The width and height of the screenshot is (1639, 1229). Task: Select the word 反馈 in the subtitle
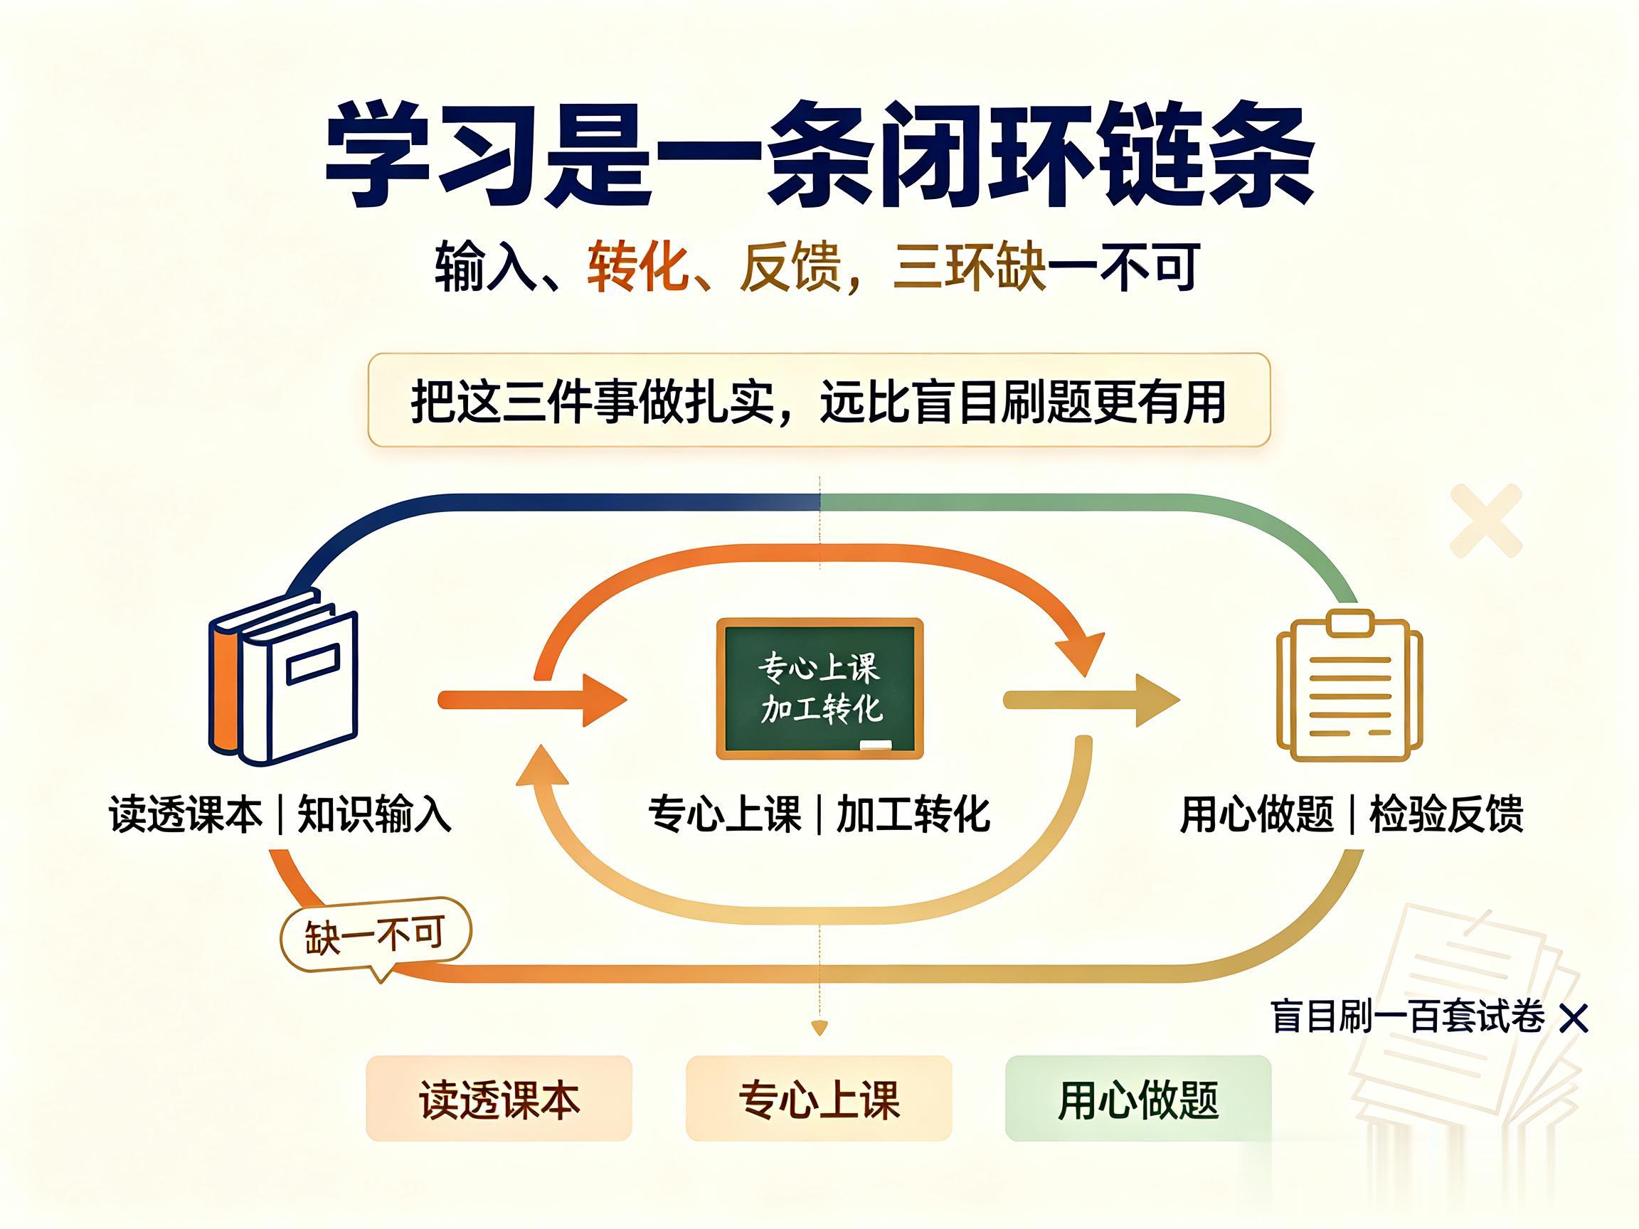(790, 267)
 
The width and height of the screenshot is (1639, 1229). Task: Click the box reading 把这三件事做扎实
(819, 400)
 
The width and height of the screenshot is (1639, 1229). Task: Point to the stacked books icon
(283, 677)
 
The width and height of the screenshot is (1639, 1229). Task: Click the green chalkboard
(819, 689)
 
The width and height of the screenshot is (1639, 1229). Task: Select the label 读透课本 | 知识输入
(280, 815)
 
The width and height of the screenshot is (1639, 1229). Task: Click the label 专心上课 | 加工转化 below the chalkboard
(819, 815)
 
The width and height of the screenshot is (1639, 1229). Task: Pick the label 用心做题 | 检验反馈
(1352, 815)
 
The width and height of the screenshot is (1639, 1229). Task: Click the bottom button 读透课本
(499, 1099)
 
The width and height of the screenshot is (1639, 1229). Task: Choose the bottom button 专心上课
(819, 1099)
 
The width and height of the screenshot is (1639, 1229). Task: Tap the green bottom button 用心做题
(1138, 1099)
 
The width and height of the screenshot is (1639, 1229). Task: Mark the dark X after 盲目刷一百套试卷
(1574, 1018)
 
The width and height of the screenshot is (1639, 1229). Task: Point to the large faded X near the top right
(1485, 521)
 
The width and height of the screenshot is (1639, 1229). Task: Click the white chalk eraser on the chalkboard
(875, 745)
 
